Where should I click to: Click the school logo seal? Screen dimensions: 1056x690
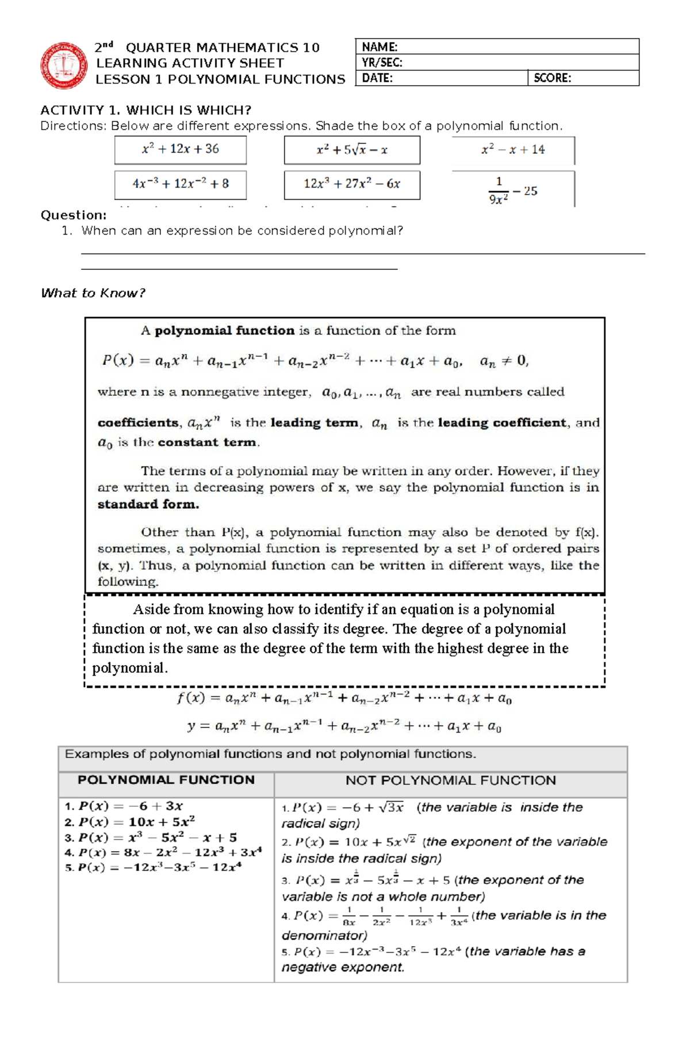(x=63, y=65)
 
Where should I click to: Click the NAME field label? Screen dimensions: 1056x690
(x=379, y=47)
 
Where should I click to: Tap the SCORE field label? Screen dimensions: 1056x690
(x=552, y=78)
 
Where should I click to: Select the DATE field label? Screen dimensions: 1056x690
(x=377, y=78)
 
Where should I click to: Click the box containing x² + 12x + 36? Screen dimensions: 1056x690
(x=180, y=150)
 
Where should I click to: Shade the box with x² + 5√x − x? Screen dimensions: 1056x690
(x=352, y=150)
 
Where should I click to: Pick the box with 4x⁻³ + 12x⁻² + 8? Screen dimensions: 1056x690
(x=180, y=184)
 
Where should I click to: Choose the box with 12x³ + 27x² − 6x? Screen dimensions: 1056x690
(x=352, y=184)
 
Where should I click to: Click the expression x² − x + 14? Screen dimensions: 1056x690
(x=513, y=150)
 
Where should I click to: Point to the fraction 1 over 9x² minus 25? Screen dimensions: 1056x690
(x=513, y=190)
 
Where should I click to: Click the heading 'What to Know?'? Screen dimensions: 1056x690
(x=93, y=293)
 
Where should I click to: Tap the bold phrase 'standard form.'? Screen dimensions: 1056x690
(x=148, y=504)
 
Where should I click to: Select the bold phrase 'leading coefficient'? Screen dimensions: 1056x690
(x=502, y=422)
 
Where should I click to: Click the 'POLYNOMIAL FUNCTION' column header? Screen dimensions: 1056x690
(x=166, y=780)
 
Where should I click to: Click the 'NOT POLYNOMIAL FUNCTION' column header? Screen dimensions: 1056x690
(x=450, y=780)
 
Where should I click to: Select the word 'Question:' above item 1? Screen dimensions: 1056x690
(x=73, y=215)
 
